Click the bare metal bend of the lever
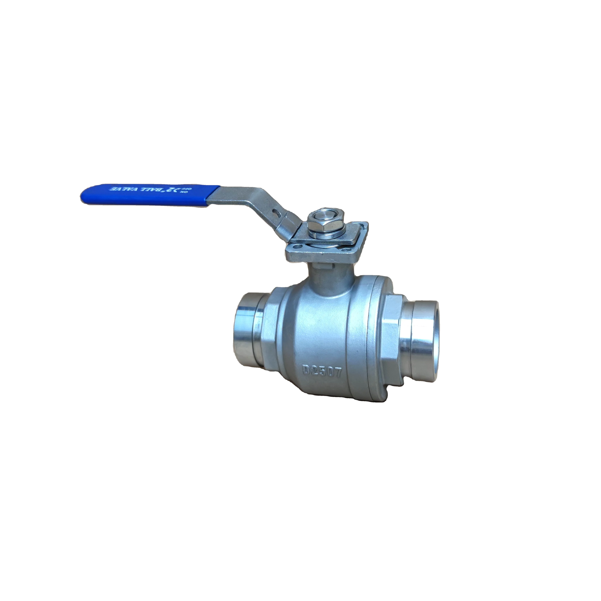pos(268,199)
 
